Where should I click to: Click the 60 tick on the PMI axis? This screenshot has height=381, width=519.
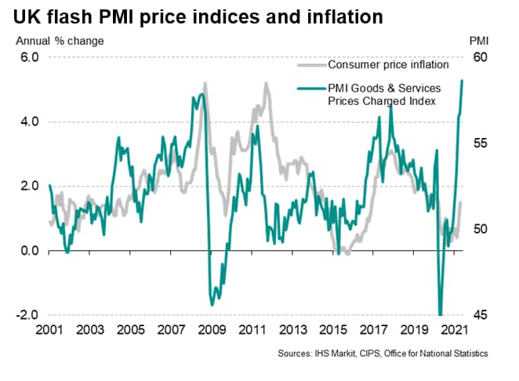click(x=480, y=58)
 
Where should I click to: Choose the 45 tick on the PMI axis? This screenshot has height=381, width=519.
click(x=480, y=315)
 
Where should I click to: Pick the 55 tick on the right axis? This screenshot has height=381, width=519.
click(x=480, y=143)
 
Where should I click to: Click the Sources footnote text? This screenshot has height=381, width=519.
click(x=383, y=354)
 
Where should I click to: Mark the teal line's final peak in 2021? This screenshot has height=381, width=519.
click(x=462, y=81)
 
